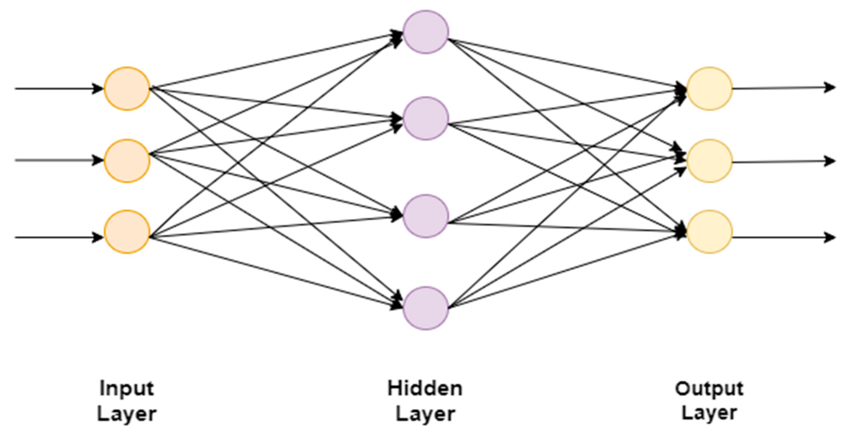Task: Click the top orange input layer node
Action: click(127, 89)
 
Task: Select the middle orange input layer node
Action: click(127, 161)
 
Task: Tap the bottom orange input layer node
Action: click(127, 232)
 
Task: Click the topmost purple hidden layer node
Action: click(425, 32)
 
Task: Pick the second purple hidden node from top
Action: click(425, 118)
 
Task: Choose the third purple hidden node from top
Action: click(425, 216)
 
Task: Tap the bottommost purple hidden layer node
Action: click(425, 308)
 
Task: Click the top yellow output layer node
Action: click(709, 89)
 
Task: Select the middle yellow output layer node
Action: click(709, 161)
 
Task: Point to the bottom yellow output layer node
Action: click(709, 232)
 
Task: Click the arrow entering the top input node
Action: click(58, 89)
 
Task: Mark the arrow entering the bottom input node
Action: click(58, 237)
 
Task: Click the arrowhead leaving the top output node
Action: click(830, 87)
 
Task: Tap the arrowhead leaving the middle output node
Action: click(830, 161)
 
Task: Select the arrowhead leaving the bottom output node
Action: click(830, 237)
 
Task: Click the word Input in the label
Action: click(127, 389)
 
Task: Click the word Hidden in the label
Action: click(425, 388)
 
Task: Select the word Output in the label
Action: click(709, 389)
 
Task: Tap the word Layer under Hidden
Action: click(425, 414)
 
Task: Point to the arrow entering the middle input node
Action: click(58, 160)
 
